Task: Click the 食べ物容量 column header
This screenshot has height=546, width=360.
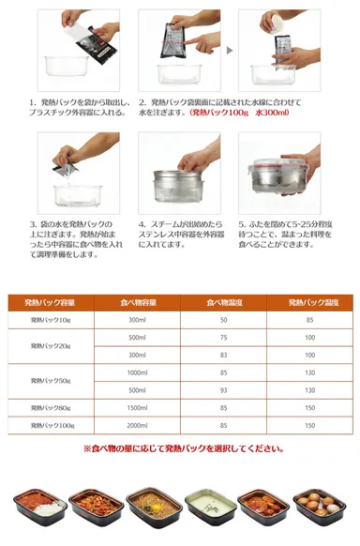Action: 137,302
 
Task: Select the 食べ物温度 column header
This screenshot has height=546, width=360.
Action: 223,302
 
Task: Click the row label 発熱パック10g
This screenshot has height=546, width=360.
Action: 52,320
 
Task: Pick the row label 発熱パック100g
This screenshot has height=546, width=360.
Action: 52,425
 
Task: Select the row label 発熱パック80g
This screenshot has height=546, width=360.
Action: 52,407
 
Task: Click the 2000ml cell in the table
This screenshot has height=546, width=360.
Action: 137,425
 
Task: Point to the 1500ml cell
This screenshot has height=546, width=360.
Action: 137,407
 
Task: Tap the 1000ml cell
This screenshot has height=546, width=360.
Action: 137,372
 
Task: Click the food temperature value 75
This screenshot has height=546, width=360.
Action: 223,337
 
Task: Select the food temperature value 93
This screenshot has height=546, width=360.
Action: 223,389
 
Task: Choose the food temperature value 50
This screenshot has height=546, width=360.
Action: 223,320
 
